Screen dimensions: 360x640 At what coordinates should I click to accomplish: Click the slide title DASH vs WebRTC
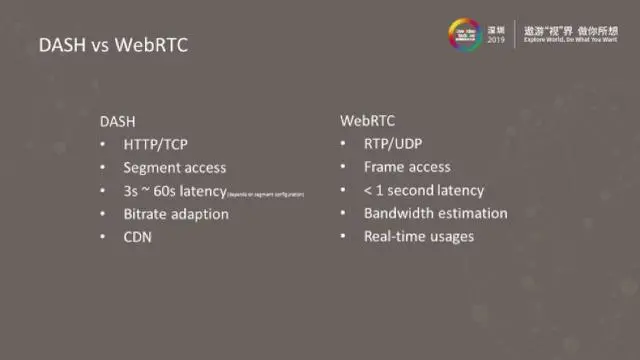coord(112,45)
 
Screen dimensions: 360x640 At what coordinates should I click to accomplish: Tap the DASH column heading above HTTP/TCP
coord(118,120)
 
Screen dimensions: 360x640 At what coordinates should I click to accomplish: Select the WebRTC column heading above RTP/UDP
coord(367,120)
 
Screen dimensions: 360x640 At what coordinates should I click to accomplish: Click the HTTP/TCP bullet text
coord(160,144)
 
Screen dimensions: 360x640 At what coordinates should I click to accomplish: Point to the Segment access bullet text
coord(175,167)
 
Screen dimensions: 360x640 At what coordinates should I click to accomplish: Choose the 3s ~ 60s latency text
coord(176,190)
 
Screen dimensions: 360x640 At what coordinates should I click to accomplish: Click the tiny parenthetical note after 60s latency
coord(266,193)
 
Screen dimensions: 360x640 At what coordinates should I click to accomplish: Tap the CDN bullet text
coord(139,237)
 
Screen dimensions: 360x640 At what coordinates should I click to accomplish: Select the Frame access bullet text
coord(407,167)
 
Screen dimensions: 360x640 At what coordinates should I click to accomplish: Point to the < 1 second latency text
coord(424,190)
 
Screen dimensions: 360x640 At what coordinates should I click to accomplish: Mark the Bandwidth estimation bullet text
coord(435,213)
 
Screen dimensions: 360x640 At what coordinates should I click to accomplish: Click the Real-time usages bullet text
coord(419,237)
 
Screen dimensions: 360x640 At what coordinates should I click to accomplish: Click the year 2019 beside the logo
coord(497,41)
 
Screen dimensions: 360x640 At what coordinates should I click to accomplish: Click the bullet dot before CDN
coord(104,238)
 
